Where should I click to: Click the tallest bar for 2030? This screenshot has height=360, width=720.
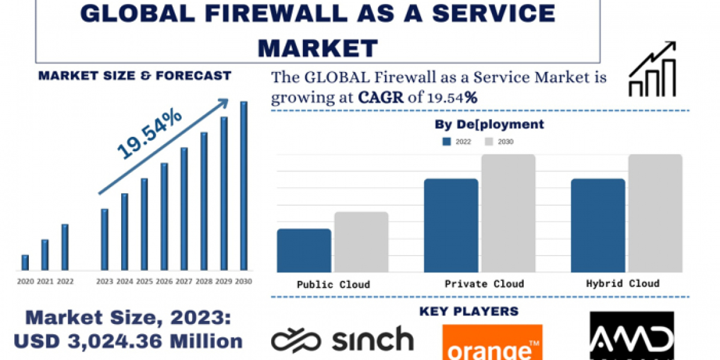[x=244, y=185]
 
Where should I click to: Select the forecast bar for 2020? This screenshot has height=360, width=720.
[x=25, y=262]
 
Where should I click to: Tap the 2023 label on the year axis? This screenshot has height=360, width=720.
[x=104, y=281]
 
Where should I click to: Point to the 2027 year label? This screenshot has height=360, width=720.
[x=184, y=281]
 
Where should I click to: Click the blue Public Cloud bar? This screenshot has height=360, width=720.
[x=304, y=250]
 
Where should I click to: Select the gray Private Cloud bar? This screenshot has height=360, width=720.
[x=508, y=213]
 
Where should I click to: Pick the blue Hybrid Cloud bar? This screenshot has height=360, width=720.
[x=598, y=225]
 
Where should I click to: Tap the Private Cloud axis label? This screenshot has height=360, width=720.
[x=484, y=284]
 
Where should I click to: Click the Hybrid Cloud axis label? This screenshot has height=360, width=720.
[x=622, y=283]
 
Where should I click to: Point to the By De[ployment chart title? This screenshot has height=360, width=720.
[x=489, y=125]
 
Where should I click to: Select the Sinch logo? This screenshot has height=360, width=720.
[x=342, y=339]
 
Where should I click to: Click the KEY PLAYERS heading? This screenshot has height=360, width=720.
[x=469, y=311]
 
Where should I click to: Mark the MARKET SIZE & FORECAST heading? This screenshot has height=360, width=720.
[x=134, y=76]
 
